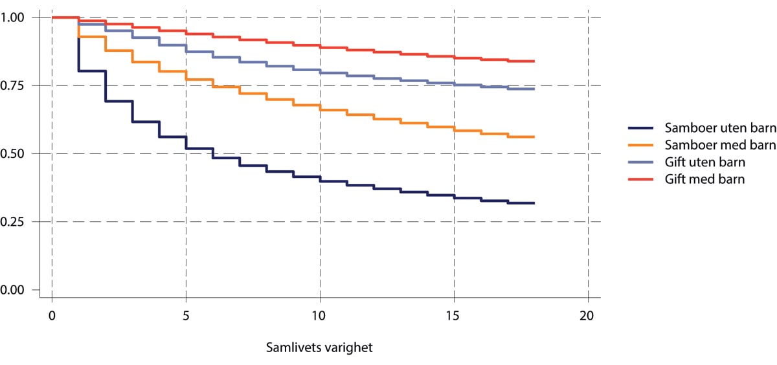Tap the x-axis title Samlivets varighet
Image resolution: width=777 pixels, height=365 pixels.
click(319, 348)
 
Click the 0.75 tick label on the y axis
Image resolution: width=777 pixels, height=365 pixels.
click(15, 85)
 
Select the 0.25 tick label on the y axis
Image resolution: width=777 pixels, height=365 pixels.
click(15, 222)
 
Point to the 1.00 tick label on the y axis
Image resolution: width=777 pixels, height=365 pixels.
click(15, 17)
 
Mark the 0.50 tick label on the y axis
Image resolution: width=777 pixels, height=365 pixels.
click(15, 154)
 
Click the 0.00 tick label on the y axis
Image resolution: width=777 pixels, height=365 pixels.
click(15, 290)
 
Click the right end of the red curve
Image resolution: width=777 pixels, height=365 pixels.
click(534, 61)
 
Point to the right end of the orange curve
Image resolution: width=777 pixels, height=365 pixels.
click(534, 137)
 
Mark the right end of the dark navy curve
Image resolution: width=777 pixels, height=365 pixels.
click(534, 203)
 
